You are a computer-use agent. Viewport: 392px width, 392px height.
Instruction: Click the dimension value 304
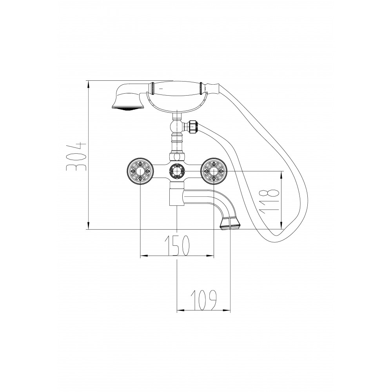tap(76, 156)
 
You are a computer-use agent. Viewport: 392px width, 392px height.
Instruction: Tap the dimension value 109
tap(203, 300)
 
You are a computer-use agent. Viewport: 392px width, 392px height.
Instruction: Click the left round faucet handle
tap(140, 171)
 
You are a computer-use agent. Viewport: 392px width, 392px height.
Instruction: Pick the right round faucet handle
tap(214, 171)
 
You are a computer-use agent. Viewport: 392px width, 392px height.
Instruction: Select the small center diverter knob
tap(177, 171)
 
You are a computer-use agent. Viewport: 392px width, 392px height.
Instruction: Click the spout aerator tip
tap(230, 223)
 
